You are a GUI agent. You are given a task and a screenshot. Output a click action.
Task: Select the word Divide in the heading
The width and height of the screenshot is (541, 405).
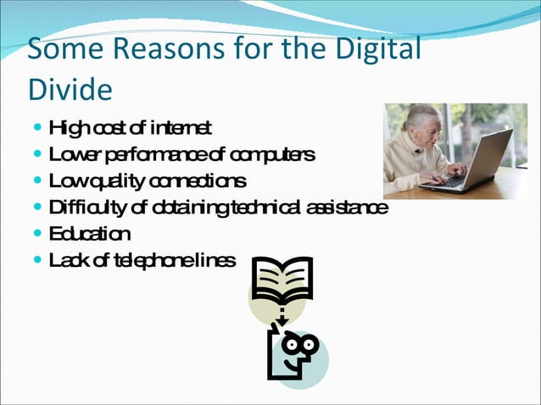[70, 86]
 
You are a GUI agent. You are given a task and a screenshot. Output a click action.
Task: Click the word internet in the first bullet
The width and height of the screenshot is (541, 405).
[181, 129]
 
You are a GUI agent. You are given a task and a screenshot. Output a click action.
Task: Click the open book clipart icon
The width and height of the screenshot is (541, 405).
[282, 280]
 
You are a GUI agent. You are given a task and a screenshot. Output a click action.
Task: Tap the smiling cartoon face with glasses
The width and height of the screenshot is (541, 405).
[293, 352]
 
